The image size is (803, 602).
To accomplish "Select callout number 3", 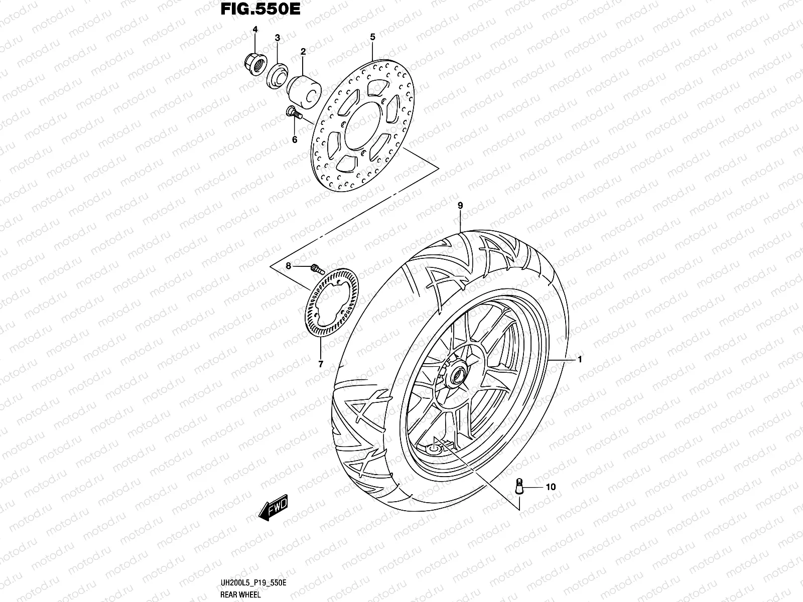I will click(x=277, y=39).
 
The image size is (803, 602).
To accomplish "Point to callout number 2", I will click(x=303, y=51).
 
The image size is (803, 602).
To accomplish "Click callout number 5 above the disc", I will click(x=372, y=37).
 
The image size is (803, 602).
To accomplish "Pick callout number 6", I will click(x=295, y=139).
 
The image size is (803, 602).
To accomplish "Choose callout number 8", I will click(x=289, y=267).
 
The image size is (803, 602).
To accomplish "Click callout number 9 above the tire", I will click(x=460, y=205).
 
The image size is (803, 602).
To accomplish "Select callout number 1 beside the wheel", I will click(x=580, y=359).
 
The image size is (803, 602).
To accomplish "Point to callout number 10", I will click(x=551, y=487).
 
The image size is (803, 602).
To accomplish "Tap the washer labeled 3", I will click(x=276, y=74).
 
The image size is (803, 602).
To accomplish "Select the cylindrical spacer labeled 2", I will click(x=305, y=90).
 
